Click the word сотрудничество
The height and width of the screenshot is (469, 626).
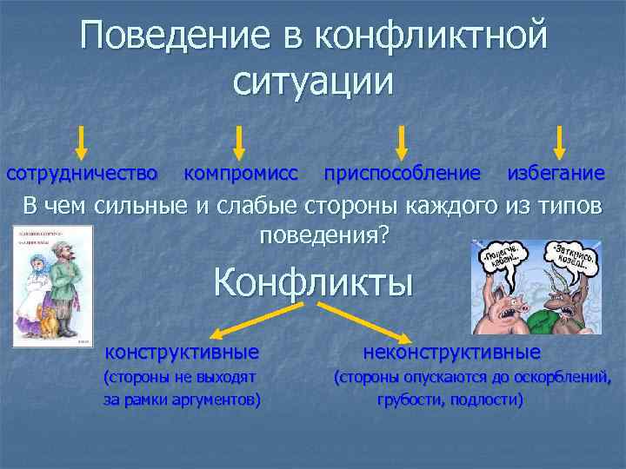(x=82, y=174)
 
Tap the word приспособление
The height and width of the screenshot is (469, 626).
(x=401, y=174)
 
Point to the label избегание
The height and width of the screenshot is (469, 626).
(x=556, y=174)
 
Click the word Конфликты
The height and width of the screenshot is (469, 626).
(x=313, y=282)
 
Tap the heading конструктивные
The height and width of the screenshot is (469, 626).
(x=182, y=353)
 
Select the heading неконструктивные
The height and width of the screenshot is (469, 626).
(x=451, y=353)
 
